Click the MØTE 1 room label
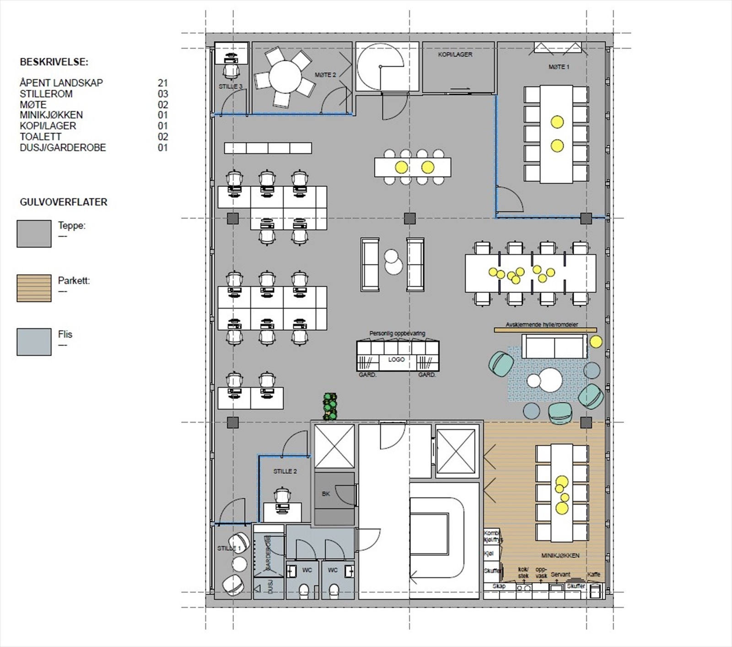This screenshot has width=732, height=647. (559, 67)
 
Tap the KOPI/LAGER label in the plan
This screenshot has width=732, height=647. (455, 54)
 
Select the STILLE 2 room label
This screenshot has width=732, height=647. (285, 471)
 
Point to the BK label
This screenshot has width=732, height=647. (326, 494)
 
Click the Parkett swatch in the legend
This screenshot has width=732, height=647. (34, 288)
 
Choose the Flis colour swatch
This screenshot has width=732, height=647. (34, 342)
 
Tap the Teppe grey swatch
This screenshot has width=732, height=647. (34, 234)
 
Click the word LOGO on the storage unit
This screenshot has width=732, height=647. (396, 359)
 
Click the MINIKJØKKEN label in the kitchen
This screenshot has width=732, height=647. (560, 555)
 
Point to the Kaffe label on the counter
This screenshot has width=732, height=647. (593, 574)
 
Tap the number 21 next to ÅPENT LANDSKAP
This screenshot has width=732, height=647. (163, 83)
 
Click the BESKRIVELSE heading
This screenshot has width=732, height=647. (54, 62)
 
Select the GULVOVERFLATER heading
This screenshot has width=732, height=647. (63, 202)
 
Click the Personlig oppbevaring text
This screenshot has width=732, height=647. (397, 333)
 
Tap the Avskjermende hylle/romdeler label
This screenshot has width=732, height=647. (542, 324)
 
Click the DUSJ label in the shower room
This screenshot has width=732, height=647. (270, 587)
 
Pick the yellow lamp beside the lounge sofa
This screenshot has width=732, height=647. (596, 342)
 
